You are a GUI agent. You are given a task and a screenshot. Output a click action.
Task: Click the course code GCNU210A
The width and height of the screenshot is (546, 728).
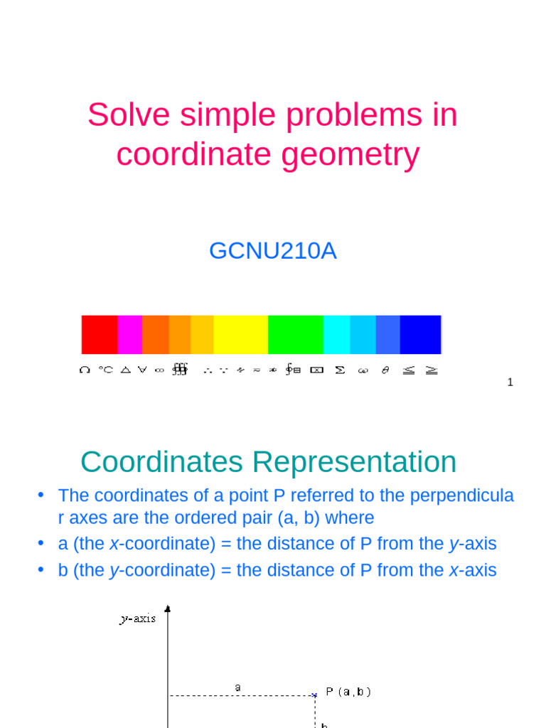(272, 251)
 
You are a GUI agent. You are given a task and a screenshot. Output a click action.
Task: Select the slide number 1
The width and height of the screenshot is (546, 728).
(510, 382)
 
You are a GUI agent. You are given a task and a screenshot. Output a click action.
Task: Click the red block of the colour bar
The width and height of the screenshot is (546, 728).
(100, 334)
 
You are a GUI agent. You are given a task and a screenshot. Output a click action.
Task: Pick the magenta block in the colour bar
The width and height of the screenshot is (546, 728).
(129, 334)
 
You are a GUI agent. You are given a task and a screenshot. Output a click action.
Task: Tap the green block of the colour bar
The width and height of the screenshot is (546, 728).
(295, 334)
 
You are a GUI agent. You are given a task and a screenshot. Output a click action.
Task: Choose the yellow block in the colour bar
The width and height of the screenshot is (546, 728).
(240, 334)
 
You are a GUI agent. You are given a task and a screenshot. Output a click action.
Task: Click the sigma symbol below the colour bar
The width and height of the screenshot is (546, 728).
(340, 370)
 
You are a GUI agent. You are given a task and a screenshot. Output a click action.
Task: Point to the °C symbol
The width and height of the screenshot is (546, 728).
(105, 370)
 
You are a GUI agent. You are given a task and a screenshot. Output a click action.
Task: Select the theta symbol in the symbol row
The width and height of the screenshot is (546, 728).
(385, 370)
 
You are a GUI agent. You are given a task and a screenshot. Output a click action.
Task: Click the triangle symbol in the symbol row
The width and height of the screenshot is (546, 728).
(125, 370)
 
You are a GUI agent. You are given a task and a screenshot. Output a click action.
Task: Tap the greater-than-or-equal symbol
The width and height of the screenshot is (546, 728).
(432, 370)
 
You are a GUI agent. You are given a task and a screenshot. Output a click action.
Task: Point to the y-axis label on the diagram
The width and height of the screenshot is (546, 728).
(137, 619)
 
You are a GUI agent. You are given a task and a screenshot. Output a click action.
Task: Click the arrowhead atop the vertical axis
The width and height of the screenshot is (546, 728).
(168, 609)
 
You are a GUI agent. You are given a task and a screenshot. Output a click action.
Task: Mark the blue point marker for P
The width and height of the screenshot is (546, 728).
(314, 695)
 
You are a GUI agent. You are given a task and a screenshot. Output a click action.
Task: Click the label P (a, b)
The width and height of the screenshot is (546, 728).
(348, 691)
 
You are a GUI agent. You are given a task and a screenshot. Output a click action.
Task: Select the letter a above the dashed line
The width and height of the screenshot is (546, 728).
(238, 687)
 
